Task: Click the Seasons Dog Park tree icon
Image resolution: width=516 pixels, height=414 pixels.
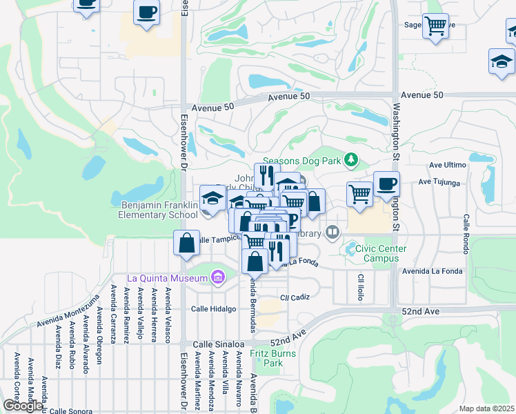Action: (352, 160)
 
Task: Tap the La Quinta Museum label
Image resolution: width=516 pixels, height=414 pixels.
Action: (168, 278)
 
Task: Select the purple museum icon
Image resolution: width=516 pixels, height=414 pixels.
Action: (219, 278)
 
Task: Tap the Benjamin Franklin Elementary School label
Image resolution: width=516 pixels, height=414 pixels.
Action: (159, 210)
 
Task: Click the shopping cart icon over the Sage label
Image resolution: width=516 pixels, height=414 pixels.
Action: (435, 26)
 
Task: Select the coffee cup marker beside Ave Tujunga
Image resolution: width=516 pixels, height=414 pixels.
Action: (386, 184)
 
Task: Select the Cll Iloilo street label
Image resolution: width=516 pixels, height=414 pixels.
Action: (360, 287)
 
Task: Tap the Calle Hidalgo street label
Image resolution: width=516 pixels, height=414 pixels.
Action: (214, 309)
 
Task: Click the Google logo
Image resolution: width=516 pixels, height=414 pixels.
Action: (22, 405)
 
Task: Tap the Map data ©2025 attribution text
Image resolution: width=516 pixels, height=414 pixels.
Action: (486, 408)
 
